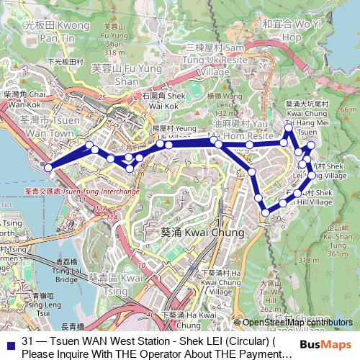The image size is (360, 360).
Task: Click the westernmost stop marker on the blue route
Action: (48, 167)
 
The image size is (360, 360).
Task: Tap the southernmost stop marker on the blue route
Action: (266, 212)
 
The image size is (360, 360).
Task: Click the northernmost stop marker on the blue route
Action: (289, 127)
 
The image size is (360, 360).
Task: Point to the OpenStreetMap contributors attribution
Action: (297, 322)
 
